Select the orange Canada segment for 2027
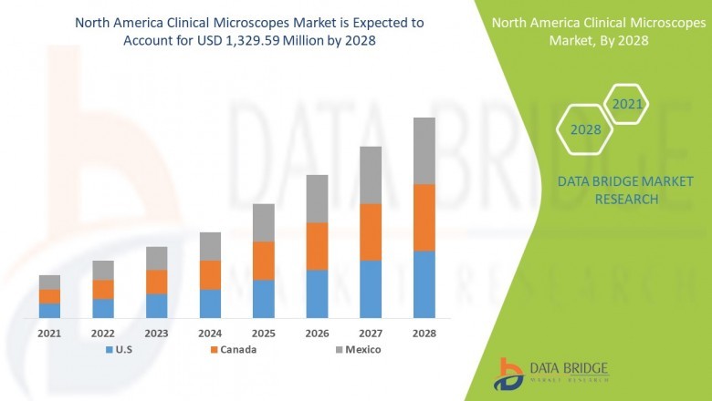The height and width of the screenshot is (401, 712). click(371, 231)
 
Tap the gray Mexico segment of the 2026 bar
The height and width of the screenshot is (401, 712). click(317, 199)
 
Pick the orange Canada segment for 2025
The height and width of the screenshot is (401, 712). click(263, 261)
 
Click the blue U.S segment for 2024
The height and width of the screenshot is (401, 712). click(210, 303)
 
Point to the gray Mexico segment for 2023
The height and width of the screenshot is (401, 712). click(156, 258)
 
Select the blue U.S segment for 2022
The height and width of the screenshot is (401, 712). click(103, 308)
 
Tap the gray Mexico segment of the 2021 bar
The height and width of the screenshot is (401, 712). click(49, 282)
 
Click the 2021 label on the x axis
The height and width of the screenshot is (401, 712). click(49, 334)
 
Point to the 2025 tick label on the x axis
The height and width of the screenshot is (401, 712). click(263, 334)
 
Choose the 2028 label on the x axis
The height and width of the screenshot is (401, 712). click(424, 334)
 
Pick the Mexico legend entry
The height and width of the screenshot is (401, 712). click(357, 350)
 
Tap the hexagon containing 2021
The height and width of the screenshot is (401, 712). click(627, 105)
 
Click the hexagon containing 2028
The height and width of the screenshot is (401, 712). click(586, 129)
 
